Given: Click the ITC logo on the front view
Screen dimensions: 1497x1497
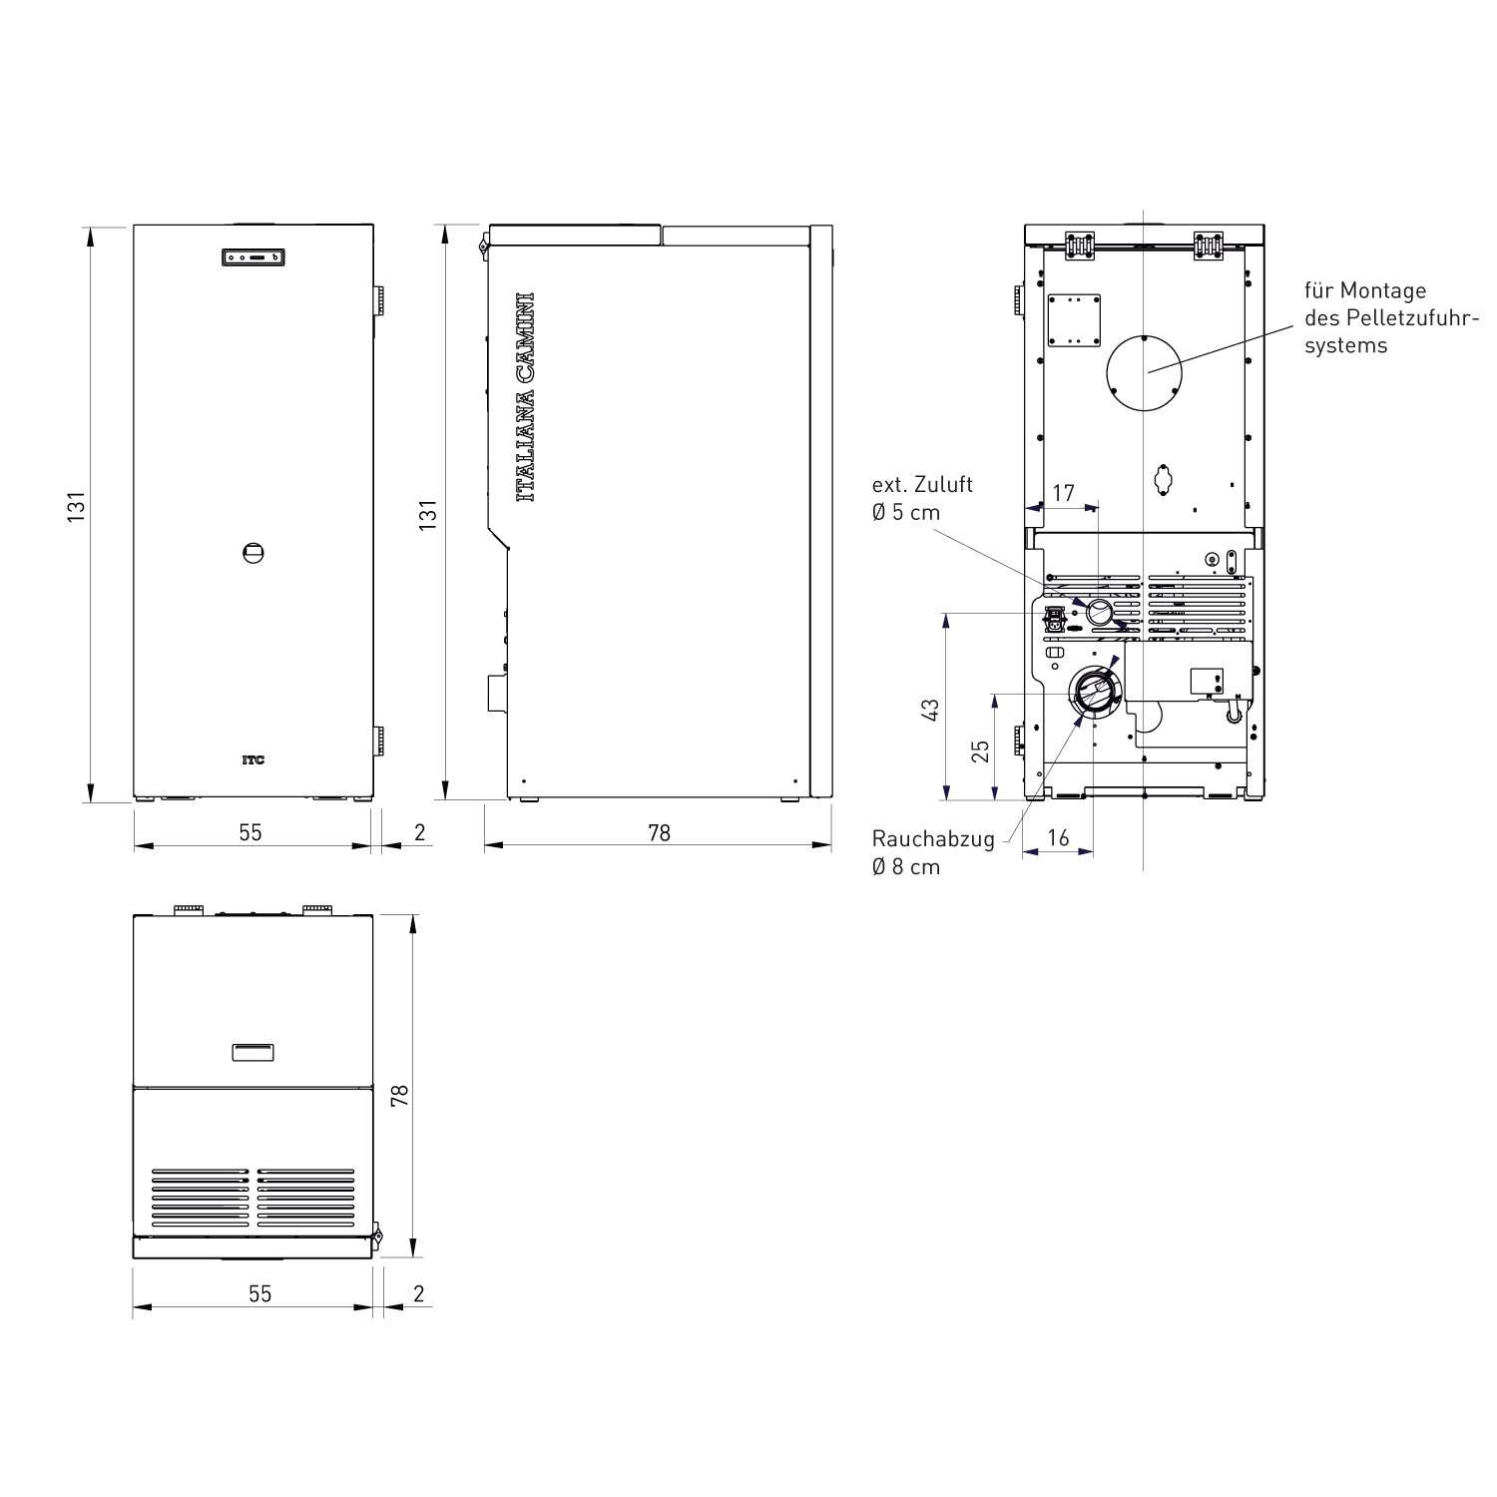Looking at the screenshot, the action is tap(253, 759).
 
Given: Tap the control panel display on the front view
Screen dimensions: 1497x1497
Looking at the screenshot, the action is tap(252, 257).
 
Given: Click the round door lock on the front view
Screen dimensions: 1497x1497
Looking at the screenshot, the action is tap(253, 552).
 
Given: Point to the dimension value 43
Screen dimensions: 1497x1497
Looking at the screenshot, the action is tap(930, 711).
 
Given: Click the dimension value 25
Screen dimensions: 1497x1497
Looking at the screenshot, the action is tap(980, 749).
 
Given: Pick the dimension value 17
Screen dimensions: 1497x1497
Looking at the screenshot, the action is tap(1063, 493).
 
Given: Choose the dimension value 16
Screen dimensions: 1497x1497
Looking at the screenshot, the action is tap(1058, 837).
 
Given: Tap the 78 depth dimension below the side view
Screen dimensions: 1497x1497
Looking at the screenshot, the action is tap(659, 832).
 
